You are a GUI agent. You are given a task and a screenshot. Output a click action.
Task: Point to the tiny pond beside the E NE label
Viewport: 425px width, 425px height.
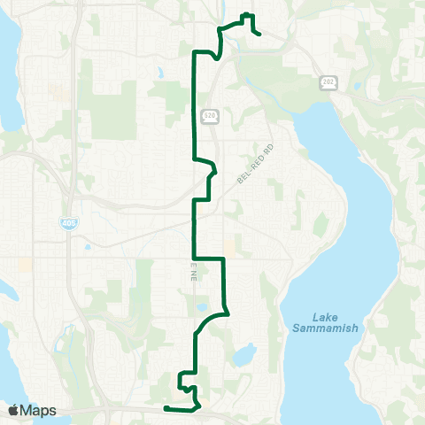point(203,307)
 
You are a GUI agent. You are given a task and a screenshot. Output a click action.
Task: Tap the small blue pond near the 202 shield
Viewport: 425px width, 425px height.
point(356,86)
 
